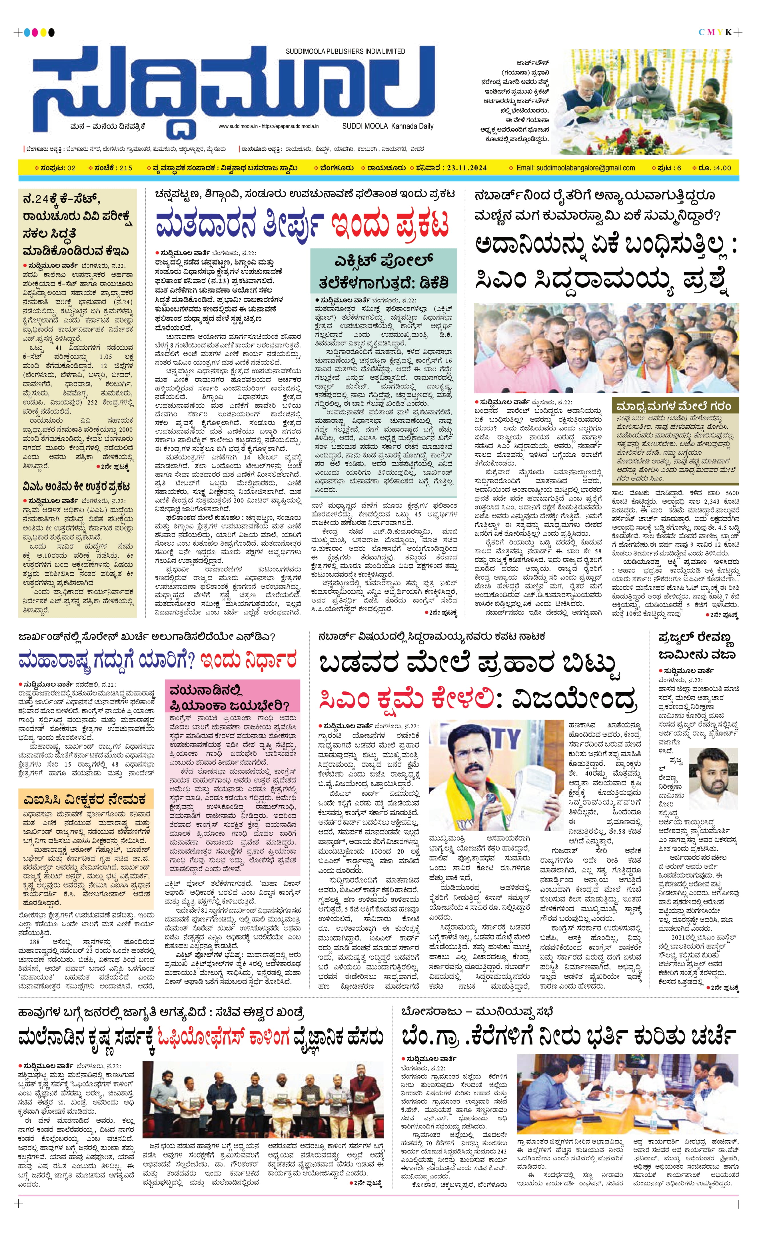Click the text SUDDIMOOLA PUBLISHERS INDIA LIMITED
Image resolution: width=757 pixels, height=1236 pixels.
pos(345,51)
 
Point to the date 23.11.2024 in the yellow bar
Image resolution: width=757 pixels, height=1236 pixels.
pos(467,168)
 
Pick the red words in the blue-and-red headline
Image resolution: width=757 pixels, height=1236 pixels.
pos(390,224)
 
